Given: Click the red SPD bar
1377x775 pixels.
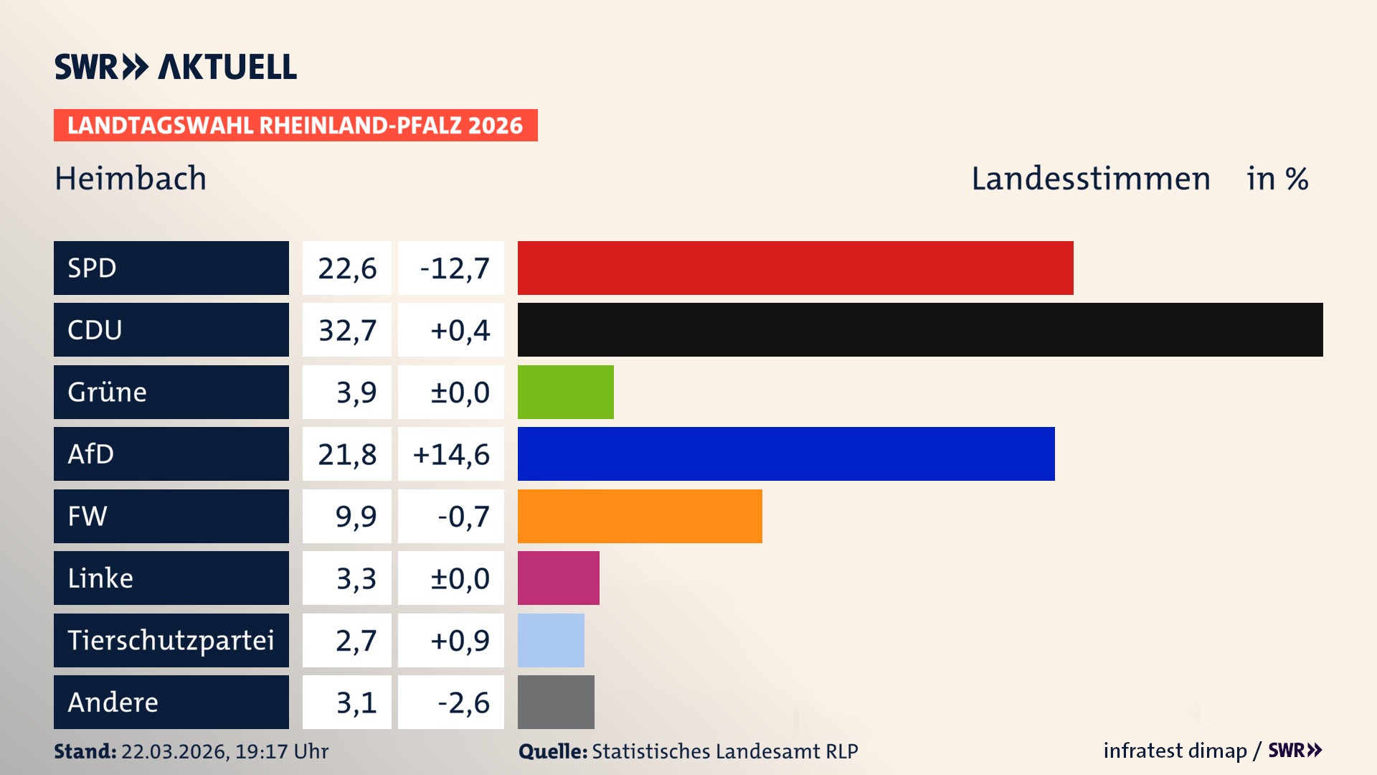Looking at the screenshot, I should [x=795, y=268].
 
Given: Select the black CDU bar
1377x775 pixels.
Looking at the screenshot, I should [x=919, y=329].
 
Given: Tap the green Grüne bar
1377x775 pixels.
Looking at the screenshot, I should [x=565, y=392].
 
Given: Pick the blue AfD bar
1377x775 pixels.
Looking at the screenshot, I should [x=785, y=454].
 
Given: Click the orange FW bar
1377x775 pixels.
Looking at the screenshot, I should [x=639, y=516].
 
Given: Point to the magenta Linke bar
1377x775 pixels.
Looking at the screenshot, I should [x=558, y=578].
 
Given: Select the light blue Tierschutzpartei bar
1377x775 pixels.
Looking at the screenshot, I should [x=551, y=640].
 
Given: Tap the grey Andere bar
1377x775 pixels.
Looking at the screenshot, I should [x=556, y=702].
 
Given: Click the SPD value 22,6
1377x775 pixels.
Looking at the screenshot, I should [x=347, y=268].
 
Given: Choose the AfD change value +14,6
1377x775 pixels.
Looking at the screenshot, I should [x=451, y=454].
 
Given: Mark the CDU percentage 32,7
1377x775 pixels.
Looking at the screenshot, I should [x=347, y=330].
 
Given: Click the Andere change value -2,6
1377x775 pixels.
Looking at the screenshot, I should [x=463, y=703].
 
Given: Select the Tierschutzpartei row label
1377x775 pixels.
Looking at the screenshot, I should [x=171, y=640].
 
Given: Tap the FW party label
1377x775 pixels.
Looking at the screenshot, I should [x=87, y=516].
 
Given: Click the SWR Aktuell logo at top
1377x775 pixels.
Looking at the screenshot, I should [x=175, y=67].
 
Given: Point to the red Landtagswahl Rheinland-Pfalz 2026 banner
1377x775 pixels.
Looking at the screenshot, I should [x=295, y=126].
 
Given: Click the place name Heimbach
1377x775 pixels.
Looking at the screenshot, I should [x=131, y=179].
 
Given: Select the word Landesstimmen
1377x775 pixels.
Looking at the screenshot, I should [x=1090, y=179].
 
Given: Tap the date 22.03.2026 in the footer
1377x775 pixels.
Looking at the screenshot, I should [x=174, y=751].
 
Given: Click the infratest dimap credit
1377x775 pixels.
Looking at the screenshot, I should [x=1174, y=751].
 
